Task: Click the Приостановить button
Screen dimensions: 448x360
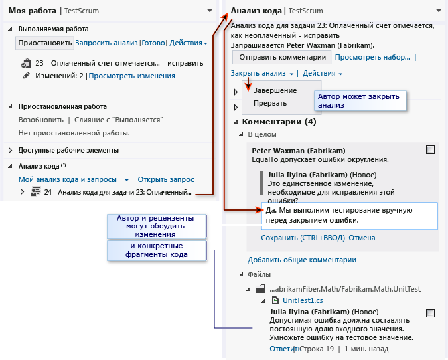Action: [45, 43]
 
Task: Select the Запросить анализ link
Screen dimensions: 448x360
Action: [106, 43]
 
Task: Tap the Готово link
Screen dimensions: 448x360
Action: [153, 43]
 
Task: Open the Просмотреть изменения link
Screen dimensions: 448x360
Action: [131, 76]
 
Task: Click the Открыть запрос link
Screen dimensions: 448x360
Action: [166, 179]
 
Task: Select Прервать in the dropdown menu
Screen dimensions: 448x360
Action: [270, 103]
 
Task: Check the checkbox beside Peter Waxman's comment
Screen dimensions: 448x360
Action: [430, 150]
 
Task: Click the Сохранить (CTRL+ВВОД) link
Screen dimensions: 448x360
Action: [303, 238]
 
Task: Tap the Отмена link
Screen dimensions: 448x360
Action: [362, 238]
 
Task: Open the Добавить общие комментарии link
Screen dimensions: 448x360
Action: [302, 260]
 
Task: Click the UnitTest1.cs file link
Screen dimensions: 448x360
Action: [303, 300]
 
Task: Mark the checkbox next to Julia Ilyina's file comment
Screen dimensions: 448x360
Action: [430, 313]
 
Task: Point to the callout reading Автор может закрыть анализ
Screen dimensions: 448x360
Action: [360, 101]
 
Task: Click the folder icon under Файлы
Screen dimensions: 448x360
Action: [260, 289]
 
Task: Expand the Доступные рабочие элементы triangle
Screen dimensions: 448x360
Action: [10, 150]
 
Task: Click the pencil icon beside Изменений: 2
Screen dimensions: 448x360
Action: [27, 76]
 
